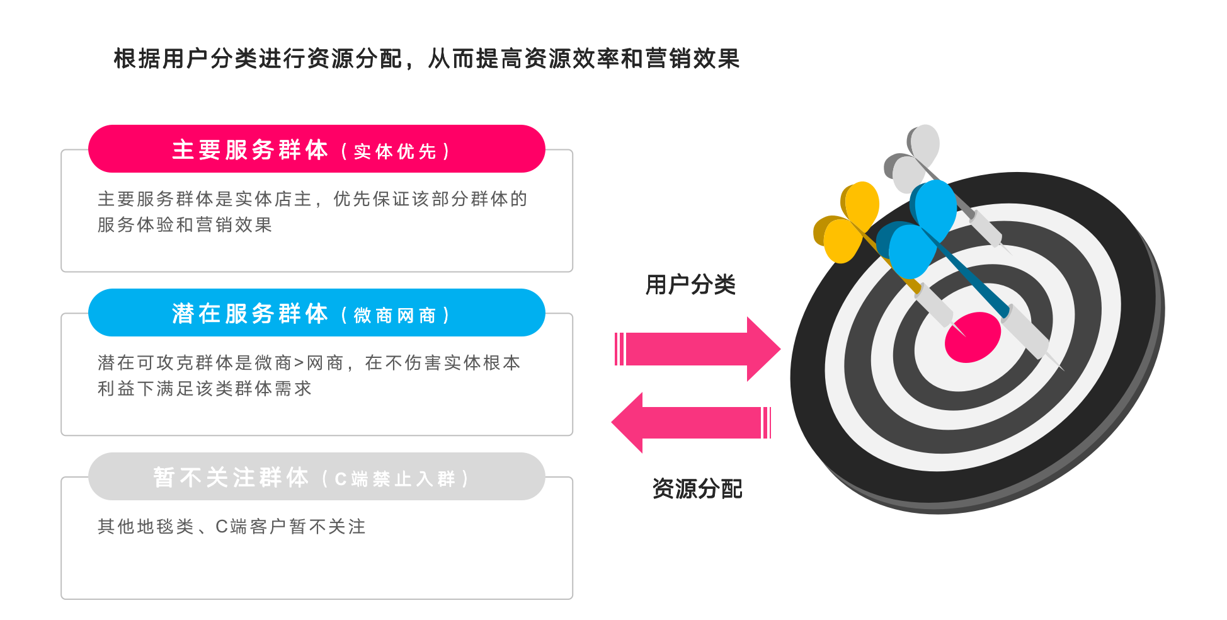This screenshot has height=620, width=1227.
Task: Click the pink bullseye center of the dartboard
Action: click(973, 337)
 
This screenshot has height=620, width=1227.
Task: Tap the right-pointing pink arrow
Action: click(697, 349)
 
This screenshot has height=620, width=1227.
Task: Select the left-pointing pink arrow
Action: click(691, 423)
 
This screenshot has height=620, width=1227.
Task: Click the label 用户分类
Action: click(690, 285)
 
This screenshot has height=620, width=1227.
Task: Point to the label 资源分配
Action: click(697, 488)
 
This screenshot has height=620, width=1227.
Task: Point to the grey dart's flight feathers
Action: click(912, 158)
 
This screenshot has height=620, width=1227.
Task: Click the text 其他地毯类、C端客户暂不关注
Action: click(232, 526)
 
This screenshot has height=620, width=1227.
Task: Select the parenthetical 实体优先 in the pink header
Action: click(395, 151)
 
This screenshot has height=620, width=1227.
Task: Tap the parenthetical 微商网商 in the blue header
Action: click(395, 315)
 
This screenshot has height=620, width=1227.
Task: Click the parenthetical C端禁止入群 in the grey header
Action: click(395, 479)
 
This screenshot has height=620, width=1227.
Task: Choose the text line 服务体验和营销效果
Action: click(185, 224)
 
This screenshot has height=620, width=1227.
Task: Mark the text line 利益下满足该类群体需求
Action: click(205, 388)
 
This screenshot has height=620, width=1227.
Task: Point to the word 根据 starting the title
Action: click(137, 59)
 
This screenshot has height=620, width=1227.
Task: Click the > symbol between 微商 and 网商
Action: click(299, 363)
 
